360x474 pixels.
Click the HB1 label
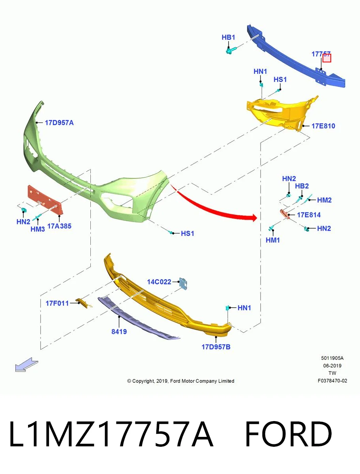[228, 38]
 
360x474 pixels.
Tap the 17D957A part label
[59, 123]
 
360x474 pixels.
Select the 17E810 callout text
[323, 126]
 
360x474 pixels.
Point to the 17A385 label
[59, 226]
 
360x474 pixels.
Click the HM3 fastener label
[37, 229]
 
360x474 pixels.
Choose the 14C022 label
[159, 282]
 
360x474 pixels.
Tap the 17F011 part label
[57, 303]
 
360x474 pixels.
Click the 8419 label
[119, 331]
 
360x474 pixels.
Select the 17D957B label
[216, 347]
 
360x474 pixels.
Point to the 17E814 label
[309, 215]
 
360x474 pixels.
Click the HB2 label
[302, 186]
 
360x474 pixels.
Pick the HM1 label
[273, 240]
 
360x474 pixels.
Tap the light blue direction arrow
[26, 365]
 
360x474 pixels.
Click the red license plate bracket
[45, 200]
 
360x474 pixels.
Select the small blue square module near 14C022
[183, 284]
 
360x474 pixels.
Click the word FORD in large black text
[289, 434]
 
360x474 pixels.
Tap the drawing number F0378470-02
[332, 380]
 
